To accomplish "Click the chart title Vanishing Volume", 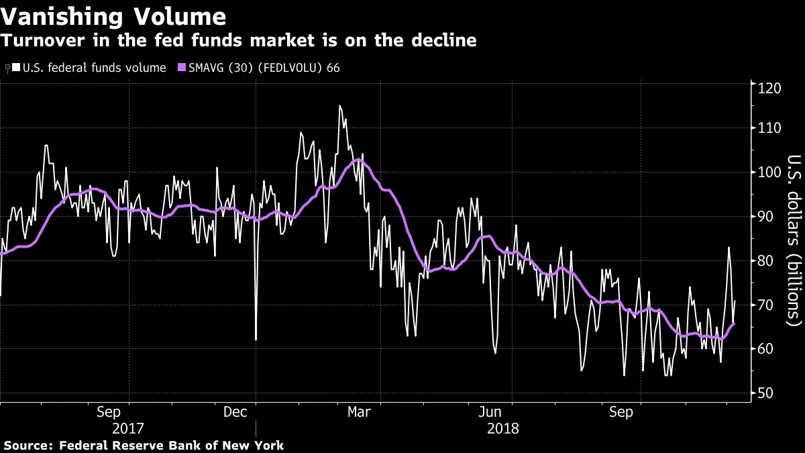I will coord(113,16).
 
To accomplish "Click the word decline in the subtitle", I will coord(448,41).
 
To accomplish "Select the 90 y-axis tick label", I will coord(767,216).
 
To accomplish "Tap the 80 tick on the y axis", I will coord(767,260).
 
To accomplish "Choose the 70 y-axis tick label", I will coord(767,305).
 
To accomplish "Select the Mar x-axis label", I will coord(359,412).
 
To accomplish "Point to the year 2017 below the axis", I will coord(127,428).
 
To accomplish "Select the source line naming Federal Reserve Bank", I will coord(144,446).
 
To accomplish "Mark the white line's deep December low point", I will coord(256,340).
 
